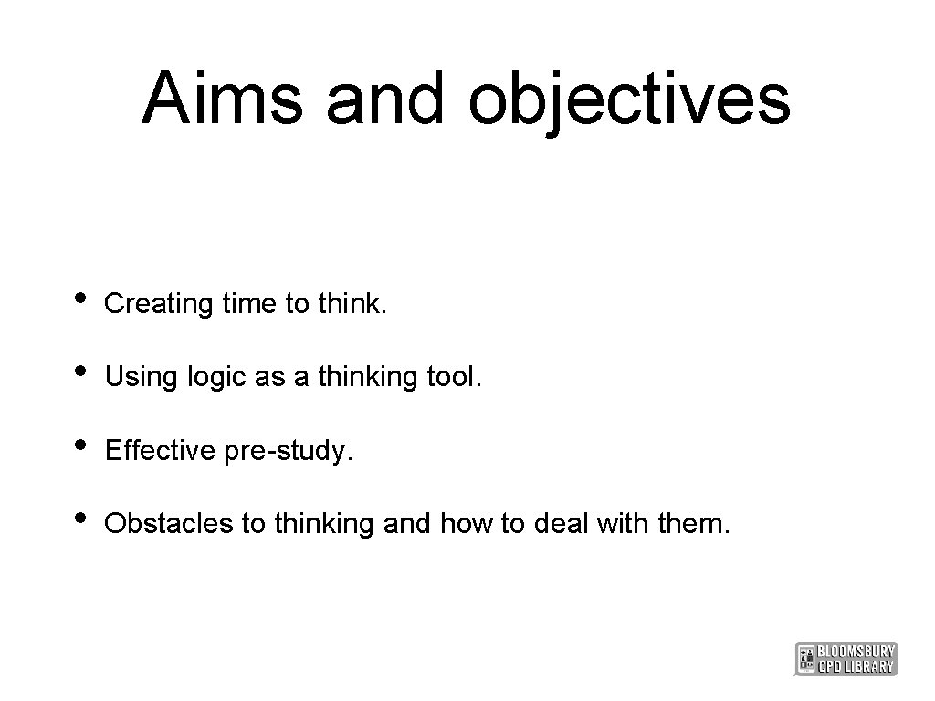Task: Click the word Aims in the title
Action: (x=222, y=98)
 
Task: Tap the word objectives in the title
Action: (x=629, y=99)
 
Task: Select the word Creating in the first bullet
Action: (x=159, y=304)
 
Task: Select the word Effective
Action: (x=161, y=450)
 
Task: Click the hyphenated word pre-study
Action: (x=287, y=451)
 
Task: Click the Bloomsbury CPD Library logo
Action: (x=846, y=658)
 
